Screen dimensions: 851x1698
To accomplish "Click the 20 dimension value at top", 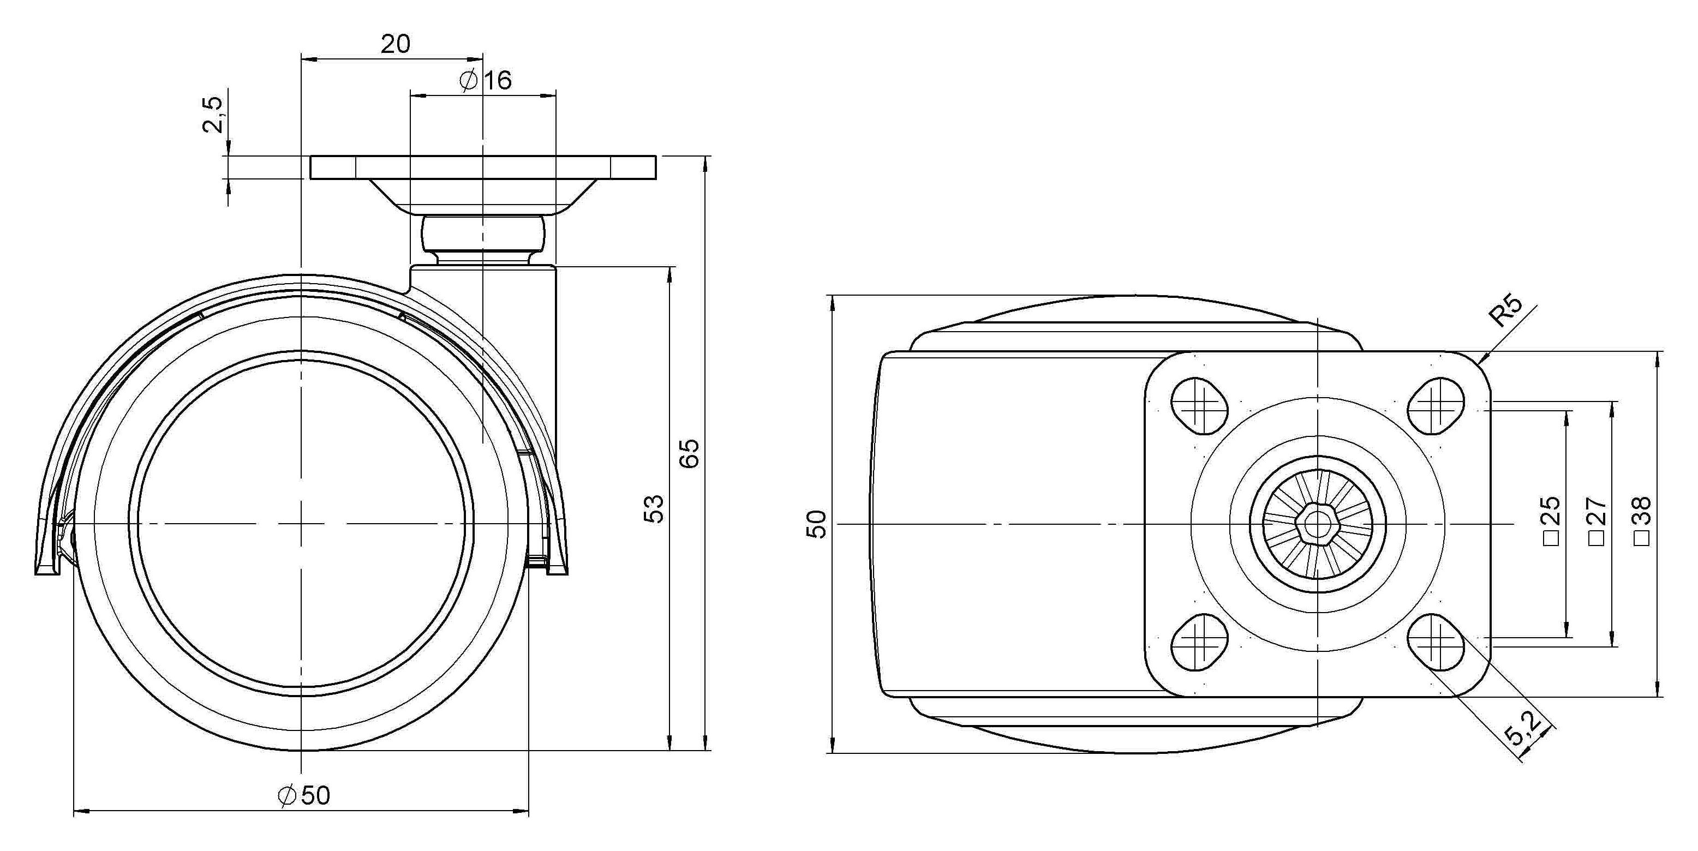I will pos(396,44).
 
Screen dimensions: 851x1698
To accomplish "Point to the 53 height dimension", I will pos(654,508).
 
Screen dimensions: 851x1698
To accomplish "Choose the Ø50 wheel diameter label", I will pos(304,795).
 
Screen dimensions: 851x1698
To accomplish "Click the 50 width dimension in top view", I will pos(817,524).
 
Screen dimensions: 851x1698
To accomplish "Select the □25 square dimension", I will pos(1552,521).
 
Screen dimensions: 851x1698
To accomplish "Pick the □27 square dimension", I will pos(1597,521).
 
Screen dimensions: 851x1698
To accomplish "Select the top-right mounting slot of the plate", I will pos(1436,405).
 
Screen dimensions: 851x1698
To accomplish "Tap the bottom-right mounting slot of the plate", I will pos(1436,642).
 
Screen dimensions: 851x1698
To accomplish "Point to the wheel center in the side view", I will pos(301,524).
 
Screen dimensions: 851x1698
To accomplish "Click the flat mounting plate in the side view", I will pos(483,167).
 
